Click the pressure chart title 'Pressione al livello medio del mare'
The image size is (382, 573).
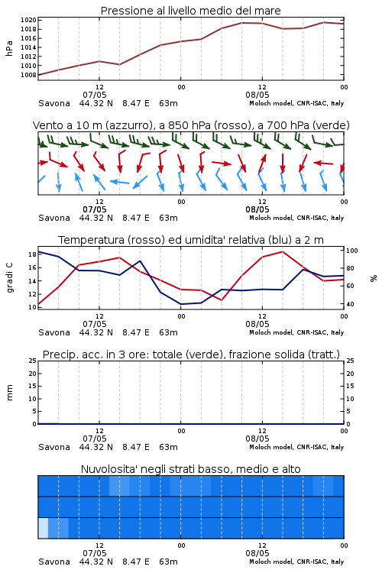click(190, 11)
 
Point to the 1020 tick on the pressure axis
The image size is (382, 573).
click(28, 20)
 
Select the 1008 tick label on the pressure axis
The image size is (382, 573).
click(28, 75)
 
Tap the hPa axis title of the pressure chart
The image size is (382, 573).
click(9, 48)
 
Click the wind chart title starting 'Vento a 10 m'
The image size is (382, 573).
click(191, 125)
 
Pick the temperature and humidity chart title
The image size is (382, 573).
click(191, 240)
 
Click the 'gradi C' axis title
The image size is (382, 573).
click(10, 278)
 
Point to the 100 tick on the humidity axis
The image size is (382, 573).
click(351, 251)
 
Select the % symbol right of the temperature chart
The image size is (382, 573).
click(374, 278)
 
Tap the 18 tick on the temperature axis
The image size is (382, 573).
click(32, 254)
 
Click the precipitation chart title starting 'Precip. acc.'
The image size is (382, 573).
click(191, 354)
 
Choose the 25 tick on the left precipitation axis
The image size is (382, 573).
click(33, 361)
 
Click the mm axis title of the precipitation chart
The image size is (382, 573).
click(9, 393)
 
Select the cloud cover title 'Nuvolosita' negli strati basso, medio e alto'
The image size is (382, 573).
click(190, 469)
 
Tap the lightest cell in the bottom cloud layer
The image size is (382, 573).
click(43, 528)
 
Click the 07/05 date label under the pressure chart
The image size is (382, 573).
click(95, 95)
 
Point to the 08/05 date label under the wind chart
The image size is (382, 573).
click(257, 210)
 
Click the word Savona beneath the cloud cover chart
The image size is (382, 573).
click(54, 562)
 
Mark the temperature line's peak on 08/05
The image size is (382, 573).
click(283, 251)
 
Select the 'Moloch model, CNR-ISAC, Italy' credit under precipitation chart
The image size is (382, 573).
click(296, 447)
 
